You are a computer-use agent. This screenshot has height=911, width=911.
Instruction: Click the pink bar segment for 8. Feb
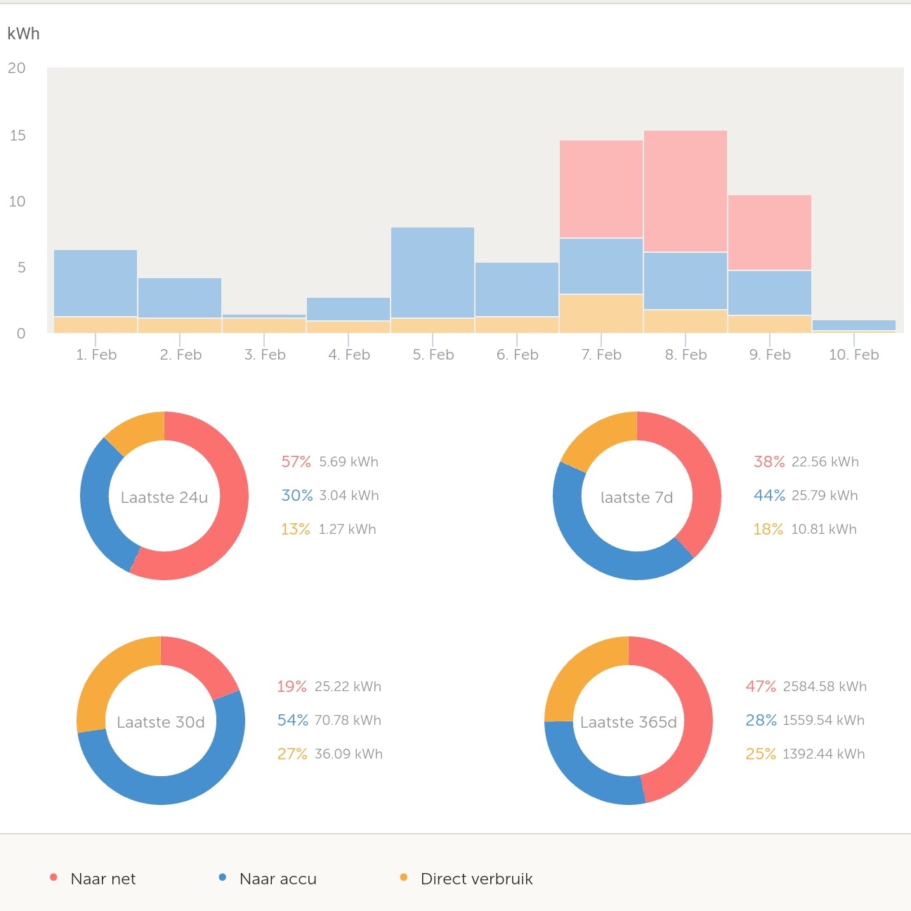pyautogui.click(x=685, y=191)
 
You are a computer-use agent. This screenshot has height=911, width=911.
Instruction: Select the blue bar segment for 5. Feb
pyautogui.click(x=432, y=273)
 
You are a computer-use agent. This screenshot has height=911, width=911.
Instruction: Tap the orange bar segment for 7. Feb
pyautogui.click(x=601, y=313)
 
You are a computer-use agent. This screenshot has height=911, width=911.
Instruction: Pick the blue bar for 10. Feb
pyautogui.click(x=853, y=325)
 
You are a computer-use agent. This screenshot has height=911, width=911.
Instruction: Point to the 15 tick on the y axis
pyautogui.click(x=18, y=135)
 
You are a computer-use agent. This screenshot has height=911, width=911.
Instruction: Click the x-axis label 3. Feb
pyautogui.click(x=265, y=355)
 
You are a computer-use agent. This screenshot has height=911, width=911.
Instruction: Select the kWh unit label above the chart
pyautogui.click(x=23, y=34)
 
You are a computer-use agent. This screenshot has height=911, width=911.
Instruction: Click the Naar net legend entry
pyautogui.click(x=103, y=879)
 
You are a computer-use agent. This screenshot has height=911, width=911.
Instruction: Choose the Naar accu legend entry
pyautogui.click(x=277, y=879)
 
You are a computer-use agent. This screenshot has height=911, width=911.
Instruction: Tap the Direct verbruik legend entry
pyautogui.click(x=476, y=879)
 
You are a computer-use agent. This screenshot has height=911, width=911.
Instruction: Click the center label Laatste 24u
pyautogui.click(x=164, y=497)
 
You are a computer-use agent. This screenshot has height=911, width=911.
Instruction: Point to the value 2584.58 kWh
pyautogui.click(x=825, y=686)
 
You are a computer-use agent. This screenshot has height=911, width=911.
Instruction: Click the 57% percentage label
pyautogui.click(x=296, y=461)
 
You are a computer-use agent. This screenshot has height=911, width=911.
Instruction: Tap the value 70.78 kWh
pyautogui.click(x=348, y=720)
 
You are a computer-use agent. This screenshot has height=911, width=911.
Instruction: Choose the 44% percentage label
pyautogui.click(x=769, y=495)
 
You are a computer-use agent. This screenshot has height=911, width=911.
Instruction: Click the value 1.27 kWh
pyautogui.click(x=347, y=529)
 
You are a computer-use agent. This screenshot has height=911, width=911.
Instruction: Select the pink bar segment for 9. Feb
pyautogui.click(x=769, y=232)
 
